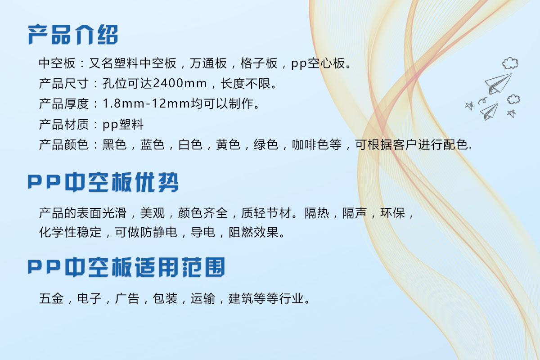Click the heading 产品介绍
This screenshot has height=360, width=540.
pyautogui.click(x=73, y=35)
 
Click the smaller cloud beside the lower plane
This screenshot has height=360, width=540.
pyautogui.click(x=513, y=99)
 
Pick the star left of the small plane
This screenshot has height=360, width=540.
pyautogui.click(x=469, y=106)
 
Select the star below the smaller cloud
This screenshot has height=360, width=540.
pyautogui.click(x=511, y=113)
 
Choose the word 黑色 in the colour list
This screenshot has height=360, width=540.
pyautogui.click(x=114, y=145)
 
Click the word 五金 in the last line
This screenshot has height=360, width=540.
pyautogui.click(x=51, y=298)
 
